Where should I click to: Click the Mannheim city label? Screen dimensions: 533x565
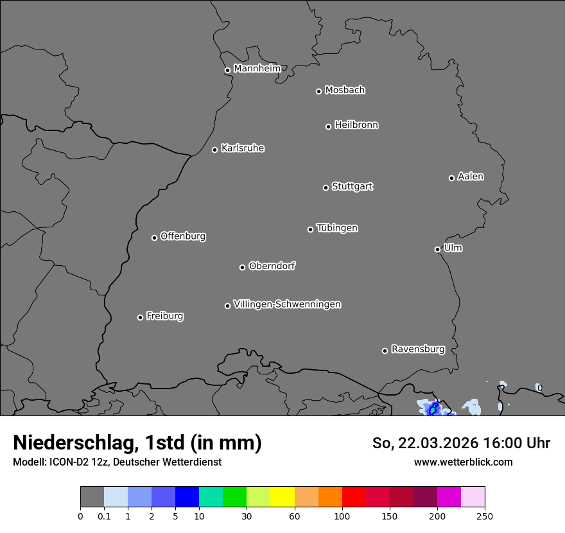click(257, 69)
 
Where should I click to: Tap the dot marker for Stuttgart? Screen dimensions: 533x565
click(326, 188)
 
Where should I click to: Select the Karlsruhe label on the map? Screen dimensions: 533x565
click(243, 148)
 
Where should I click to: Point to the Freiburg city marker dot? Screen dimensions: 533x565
click(140, 317)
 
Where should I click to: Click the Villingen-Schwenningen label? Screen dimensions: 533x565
click(287, 304)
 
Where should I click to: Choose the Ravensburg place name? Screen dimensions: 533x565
click(418, 349)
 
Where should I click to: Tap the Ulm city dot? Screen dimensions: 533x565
click(437, 249)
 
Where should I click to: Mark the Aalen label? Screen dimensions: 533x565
click(471, 177)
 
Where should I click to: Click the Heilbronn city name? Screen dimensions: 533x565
click(356, 125)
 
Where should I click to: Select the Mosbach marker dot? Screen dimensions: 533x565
click(318, 91)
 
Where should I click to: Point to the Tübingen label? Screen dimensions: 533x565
click(337, 228)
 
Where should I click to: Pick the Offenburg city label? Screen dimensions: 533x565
click(183, 236)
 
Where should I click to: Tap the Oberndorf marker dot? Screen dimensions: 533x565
click(242, 267)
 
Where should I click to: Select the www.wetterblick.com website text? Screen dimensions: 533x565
click(463, 462)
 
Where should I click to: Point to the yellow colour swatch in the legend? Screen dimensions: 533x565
click(282, 497)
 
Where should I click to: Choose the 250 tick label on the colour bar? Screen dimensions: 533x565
click(485, 516)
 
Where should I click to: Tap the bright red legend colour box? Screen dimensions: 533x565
click(354, 497)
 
